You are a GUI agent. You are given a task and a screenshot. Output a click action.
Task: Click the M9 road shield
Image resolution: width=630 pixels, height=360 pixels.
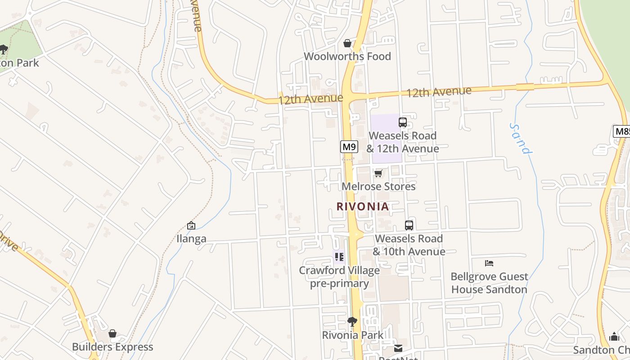coord(349,147)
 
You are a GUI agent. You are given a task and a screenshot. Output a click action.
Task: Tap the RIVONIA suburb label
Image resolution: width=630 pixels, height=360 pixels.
coord(363,207)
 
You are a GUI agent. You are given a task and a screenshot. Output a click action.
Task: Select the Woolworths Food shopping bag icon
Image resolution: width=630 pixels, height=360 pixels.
coord(347,43)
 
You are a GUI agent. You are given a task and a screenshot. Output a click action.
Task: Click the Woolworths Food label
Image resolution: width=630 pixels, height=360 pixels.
coord(347,57)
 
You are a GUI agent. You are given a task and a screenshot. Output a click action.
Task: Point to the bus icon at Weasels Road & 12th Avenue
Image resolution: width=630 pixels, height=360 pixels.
coord(403,122)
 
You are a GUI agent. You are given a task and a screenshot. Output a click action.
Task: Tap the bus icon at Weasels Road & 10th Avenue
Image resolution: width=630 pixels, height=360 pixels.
coord(409,225)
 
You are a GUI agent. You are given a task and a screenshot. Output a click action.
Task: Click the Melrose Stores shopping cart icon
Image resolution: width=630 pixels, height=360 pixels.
coord(378,173)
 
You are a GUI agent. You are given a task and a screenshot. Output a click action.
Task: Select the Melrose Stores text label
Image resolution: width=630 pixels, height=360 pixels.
coord(378,186)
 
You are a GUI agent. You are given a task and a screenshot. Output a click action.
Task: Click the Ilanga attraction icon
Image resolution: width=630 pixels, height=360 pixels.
coord(191,225)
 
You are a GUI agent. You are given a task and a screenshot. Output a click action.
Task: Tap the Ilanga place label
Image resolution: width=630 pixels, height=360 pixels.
coord(191,239)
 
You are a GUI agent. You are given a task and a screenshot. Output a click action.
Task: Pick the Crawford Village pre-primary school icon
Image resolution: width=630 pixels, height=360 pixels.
coord(339,257)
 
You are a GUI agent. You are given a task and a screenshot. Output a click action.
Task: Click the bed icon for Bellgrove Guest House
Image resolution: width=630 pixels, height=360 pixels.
coord(489,263)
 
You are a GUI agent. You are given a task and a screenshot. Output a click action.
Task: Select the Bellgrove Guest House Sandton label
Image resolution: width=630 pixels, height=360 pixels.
coord(489,283)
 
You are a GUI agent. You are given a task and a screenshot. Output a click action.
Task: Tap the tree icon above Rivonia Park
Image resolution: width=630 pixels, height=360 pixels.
coord(352,321)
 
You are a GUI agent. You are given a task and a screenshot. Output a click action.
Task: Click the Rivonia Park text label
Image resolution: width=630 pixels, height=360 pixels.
coord(353,335)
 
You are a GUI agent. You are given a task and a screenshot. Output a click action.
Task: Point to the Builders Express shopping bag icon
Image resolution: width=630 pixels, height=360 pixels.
coord(112,333)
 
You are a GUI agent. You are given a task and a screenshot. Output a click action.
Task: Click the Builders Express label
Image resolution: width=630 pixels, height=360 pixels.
coord(112,347)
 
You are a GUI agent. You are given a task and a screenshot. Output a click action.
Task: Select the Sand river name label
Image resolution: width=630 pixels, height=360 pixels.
coord(521,139)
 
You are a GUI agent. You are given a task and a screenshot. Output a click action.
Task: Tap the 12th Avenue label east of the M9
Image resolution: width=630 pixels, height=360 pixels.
coord(439,92)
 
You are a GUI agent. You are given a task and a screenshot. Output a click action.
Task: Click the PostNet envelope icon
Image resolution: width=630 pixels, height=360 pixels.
coord(398,348)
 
